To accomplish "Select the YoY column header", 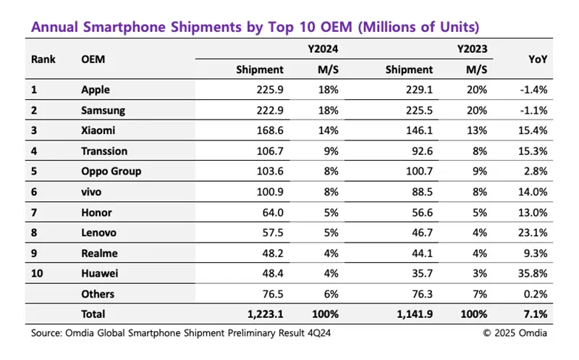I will (x=538, y=59).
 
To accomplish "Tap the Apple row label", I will (x=96, y=91).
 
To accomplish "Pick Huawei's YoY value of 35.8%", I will (x=533, y=273).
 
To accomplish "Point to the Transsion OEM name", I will (x=105, y=151).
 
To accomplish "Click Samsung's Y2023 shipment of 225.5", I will (x=418, y=111).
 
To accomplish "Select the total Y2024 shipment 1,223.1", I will (x=261, y=314).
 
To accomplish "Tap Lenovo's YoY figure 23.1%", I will (x=533, y=233).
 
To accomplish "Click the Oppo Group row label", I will (x=111, y=172).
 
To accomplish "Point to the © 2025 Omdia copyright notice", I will (x=515, y=333).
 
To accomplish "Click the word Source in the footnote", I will (x=47, y=333).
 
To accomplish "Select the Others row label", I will (x=98, y=293).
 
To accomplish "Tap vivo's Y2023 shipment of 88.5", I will (x=420, y=192).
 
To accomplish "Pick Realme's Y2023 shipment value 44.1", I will (x=420, y=253).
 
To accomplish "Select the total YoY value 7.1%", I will (x=536, y=314).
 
